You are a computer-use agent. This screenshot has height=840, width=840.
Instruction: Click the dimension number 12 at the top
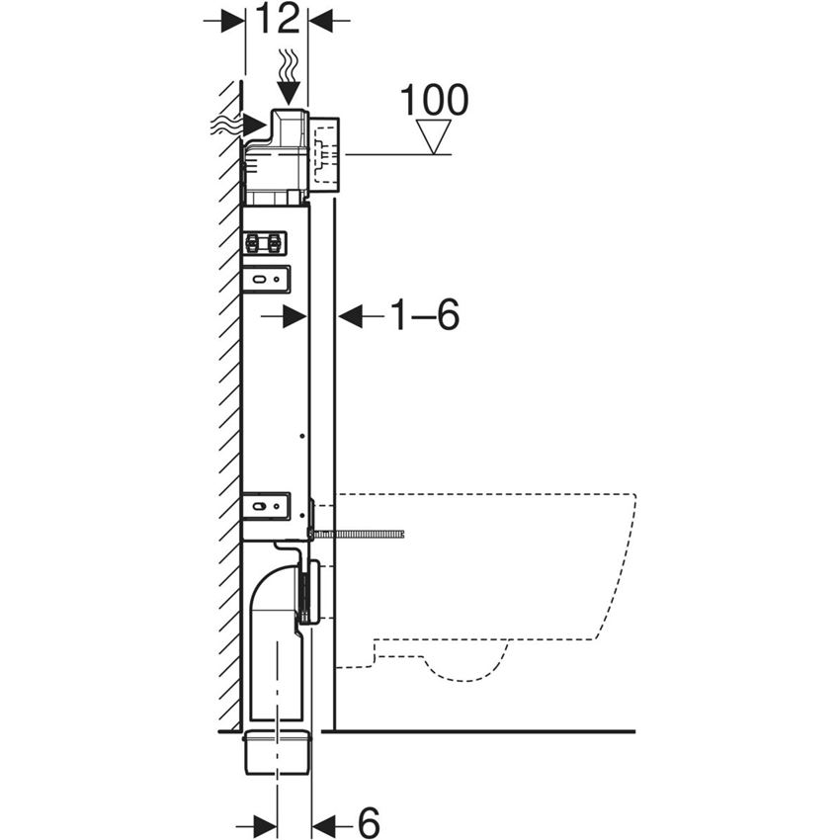tap(278, 20)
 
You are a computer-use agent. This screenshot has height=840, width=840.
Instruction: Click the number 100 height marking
tap(434, 100)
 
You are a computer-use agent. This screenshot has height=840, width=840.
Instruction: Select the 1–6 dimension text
tap(425, 315)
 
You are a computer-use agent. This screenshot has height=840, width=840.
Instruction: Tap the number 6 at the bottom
tap(368, 822)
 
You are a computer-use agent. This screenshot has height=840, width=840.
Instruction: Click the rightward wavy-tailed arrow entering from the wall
tap(238, 126)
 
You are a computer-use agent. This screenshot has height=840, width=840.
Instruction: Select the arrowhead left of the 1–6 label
tap(352, 315)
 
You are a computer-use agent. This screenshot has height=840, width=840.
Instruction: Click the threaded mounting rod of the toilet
tap(359, 534)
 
